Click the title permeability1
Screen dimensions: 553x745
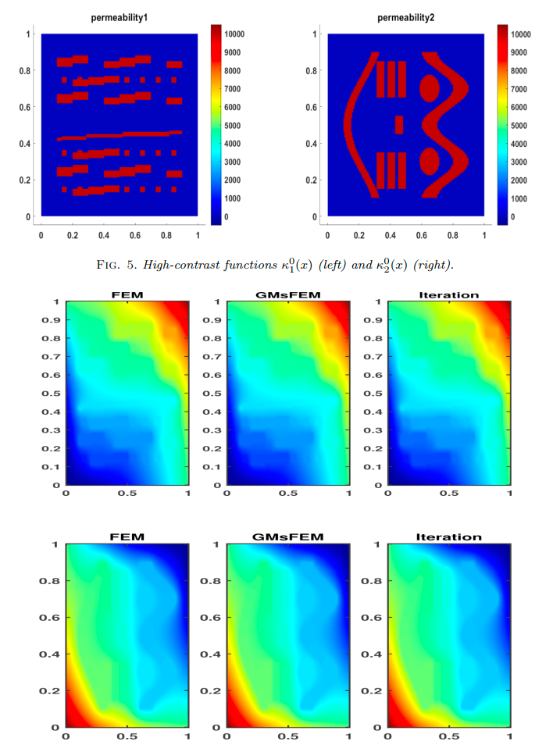point(120,18)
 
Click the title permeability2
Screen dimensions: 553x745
point(405,18)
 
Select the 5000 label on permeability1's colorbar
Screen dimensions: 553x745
point(232,126)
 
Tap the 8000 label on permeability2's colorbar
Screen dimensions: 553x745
point(519,71)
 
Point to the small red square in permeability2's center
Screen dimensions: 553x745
point(399,124)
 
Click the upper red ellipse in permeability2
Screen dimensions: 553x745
point(430,88)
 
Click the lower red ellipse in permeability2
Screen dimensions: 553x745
point(430,161)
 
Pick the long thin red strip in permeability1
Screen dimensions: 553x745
point(120,135)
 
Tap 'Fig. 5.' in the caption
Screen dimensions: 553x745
point(116,265)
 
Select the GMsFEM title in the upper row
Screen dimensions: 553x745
point(288,295)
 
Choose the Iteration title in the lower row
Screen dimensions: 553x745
point(449,537)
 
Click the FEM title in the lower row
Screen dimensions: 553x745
point(127,537)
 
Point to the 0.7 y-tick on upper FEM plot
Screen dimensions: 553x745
point(51,357)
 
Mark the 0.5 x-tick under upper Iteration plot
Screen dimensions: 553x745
point(449,494)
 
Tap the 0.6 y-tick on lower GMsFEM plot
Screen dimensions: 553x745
point(210,618)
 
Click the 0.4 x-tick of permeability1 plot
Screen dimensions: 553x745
point(104,235)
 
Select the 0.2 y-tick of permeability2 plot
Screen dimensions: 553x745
point(311,180)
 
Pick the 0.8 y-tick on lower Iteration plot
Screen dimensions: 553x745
point(371,581)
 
